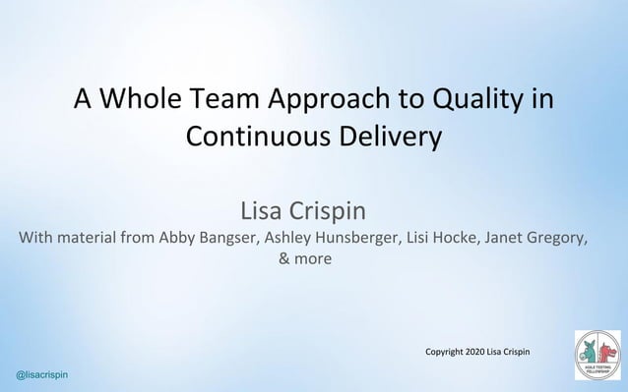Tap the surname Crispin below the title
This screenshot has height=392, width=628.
pos(336,211)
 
